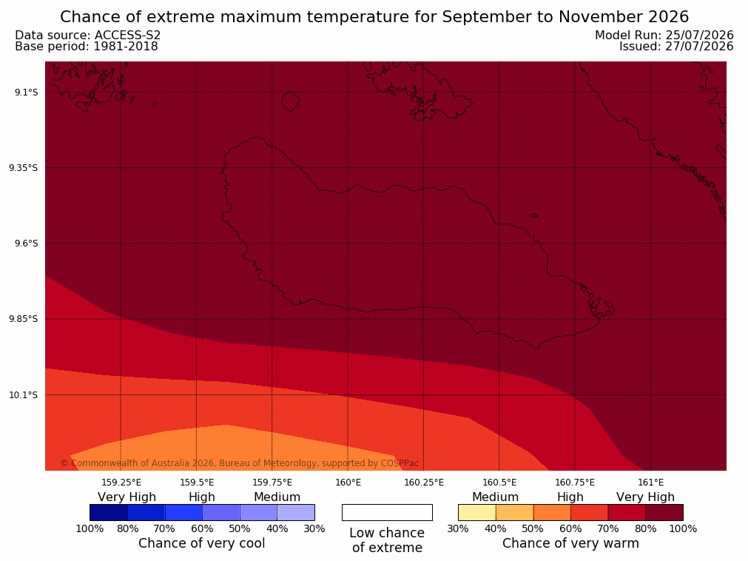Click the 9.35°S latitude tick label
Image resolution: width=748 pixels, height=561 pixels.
(x=24, y=168)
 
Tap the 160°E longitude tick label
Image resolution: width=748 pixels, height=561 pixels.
(x=348, y=483)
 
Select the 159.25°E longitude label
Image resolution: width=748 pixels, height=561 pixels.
(x=121, y=483)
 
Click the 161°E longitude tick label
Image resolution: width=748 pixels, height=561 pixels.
(x=650, y=483)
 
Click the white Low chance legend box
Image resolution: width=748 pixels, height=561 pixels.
(x=388, y=512)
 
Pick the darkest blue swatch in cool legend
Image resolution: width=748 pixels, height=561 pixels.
(x=109, y=512)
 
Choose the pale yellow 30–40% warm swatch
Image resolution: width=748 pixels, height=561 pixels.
(x=477, y=512)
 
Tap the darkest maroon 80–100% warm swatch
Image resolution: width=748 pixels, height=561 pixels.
(x=664, y=512)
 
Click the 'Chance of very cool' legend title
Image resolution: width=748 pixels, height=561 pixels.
(x=202, y=543)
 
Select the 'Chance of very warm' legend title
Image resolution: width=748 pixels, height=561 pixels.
(x=570, y=543)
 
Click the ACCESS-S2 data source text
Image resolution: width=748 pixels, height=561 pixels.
(x=127, y=36)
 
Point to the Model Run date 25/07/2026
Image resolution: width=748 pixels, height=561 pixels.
(x=699, y=36)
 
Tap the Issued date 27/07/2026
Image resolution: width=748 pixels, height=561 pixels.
(x=699, y=47)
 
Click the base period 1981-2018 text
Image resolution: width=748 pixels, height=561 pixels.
(x=126, y=47)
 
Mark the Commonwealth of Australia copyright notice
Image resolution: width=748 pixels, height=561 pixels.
(x=240, y=463)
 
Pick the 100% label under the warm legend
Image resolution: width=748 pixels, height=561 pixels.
(x=683, y=528)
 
